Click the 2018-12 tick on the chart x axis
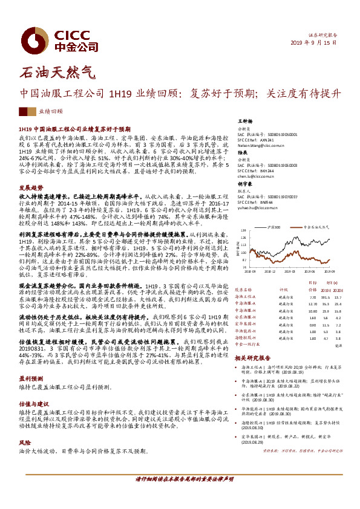pyautogui.click(x=269, y=271)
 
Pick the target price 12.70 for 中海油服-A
pyautogui.click(x=312, y=304)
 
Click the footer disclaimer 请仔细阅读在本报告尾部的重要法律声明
pyautogui.click(x=180, y=495)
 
